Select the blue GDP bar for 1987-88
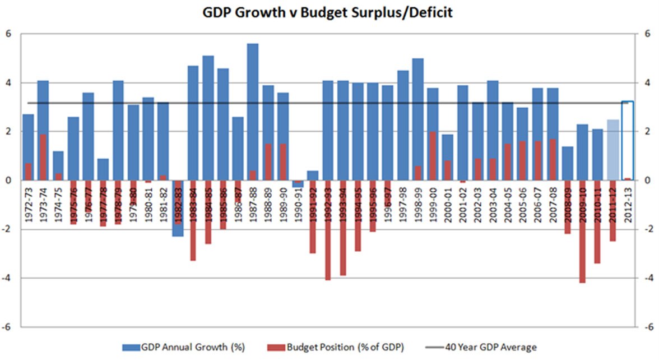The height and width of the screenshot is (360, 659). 253,107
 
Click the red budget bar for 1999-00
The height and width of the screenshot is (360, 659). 433,156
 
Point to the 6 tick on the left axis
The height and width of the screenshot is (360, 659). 8,34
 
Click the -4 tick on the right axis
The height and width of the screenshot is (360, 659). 649,278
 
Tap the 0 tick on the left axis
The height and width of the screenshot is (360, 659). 8,181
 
